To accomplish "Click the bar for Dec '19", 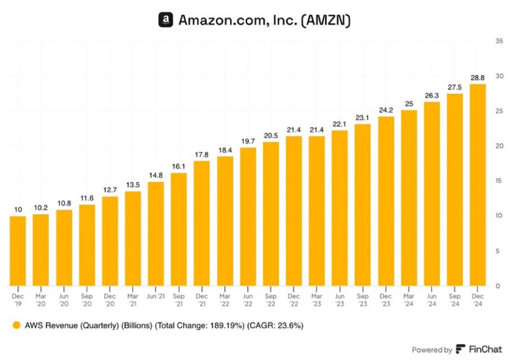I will pyautogui.click(x=18, y=251).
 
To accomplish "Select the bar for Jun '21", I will pyautogui.click(x=156, y=234).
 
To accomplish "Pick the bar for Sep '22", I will pyautogui.click(x=271, y=214).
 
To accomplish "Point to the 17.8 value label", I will pyautogui.click(x=202, y=155).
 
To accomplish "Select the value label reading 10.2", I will pyautogui.click(x=41, y=208).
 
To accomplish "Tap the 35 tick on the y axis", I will pyautogui.click(x=499, y=41).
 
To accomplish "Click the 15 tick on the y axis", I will pyautogui.click(x=499, y=181).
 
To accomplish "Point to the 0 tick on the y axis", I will pyautogui.click(x=499, y=286).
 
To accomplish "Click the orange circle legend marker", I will pyautogui.click(x=17, y=326).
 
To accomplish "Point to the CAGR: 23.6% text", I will pyautogui.click(x=277, y=326).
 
